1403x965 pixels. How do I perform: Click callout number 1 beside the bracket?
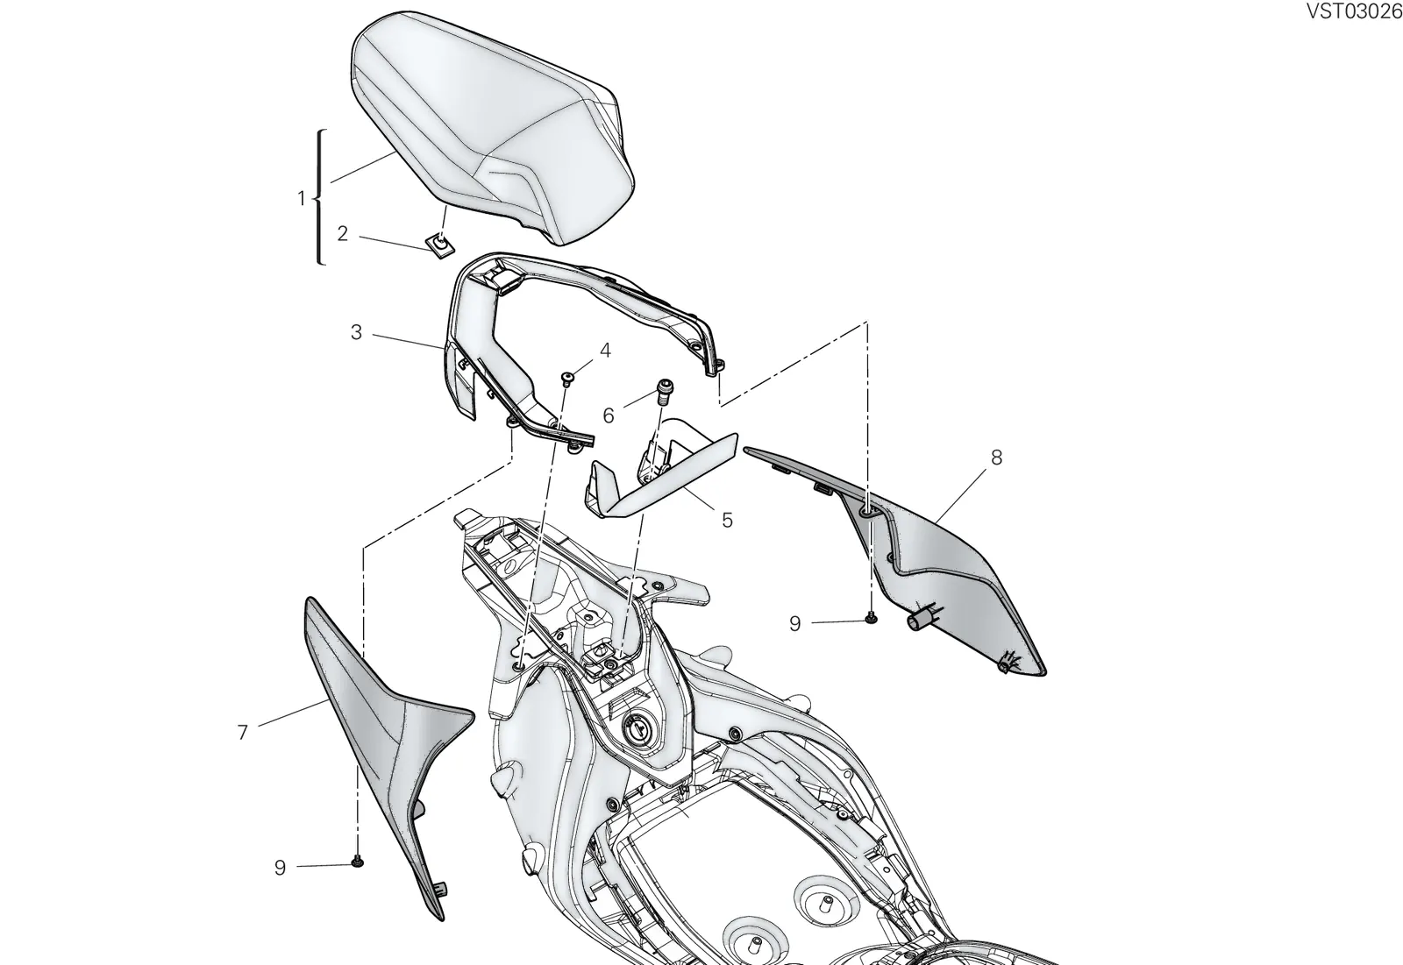click(x=302, y=198)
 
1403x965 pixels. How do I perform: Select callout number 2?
click(x=342, y=233)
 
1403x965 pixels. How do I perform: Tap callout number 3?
click(x=356, y=332)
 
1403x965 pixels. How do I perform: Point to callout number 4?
click(x=605, y=350)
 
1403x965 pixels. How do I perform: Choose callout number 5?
click(x=727, y=520)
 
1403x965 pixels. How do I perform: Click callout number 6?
click(x=609, y=415)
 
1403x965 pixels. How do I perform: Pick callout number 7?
click(x=243, y=732)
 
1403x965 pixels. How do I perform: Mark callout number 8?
click(x=996, y=458)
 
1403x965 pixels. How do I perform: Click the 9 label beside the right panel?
click(x=794, y=624)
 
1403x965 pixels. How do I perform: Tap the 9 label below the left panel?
click(x=280, y=868)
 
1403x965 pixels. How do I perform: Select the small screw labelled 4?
click(x=568, y=377)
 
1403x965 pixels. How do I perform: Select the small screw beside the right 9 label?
click(x=871, y=619)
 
